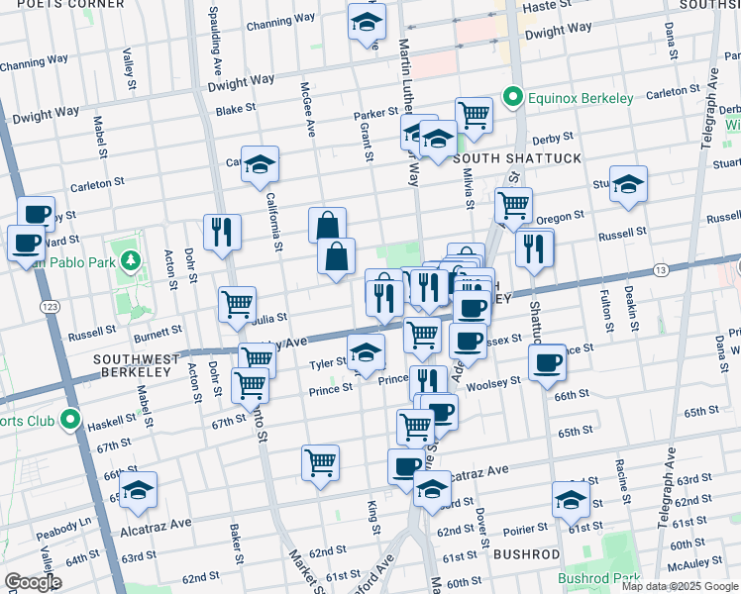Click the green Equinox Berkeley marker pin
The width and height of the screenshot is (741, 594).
[512, 97]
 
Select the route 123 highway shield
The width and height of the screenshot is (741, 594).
[50, 310]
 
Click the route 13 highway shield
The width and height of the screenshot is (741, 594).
[660, 270]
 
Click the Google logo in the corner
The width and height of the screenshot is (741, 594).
[33, 582]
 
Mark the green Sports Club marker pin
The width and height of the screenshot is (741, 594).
[70, 420]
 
